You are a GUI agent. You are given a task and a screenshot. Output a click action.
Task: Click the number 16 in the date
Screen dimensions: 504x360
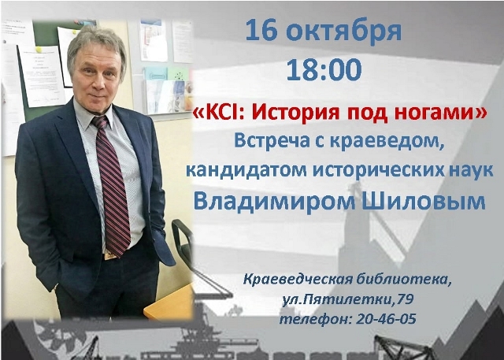click(261, 30)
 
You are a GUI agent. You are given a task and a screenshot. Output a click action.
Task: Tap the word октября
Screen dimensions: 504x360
click(344, 32)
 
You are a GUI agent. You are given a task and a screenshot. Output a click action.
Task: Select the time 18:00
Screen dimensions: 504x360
click(324, 69)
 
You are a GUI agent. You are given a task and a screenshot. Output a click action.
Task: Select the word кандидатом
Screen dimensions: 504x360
click(246, 170)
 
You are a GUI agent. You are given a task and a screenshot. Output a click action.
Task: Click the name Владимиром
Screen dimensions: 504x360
click(274, 202)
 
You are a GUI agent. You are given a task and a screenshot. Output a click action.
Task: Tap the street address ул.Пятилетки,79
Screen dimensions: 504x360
click(348, 299)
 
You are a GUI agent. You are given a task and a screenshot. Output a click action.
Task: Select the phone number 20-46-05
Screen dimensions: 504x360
click(386, 319)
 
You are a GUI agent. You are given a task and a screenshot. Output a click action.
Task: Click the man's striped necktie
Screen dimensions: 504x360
click(113, 187)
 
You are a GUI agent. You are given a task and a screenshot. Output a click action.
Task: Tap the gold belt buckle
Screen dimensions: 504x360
click(110, 255)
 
